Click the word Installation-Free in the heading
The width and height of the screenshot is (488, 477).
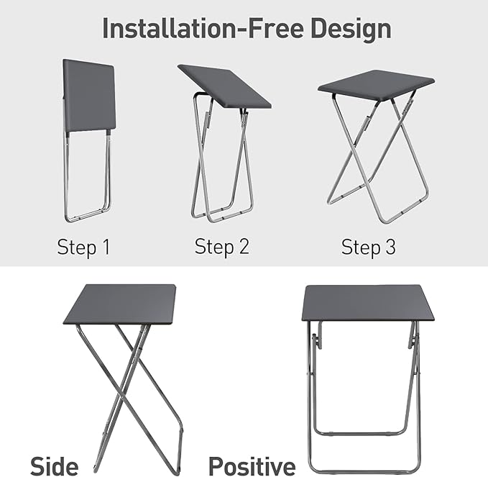click(205, 29)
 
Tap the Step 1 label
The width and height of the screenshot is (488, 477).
click(83, 247)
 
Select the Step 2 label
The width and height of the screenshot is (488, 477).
click(221, 247)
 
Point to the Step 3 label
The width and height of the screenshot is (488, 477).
click(368, 247)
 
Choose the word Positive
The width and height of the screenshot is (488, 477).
click(252, 465)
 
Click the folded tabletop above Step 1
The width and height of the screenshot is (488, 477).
click(89, 95)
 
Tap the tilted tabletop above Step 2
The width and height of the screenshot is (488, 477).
click(224, 86)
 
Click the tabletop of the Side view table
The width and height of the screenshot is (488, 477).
click(120, 304)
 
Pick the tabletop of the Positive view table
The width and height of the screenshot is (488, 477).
click(368, 303)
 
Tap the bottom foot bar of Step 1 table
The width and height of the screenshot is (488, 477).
click(86, 215)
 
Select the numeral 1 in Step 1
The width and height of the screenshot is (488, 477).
click(105, 247)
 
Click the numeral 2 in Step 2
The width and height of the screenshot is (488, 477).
click(244, 247)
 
